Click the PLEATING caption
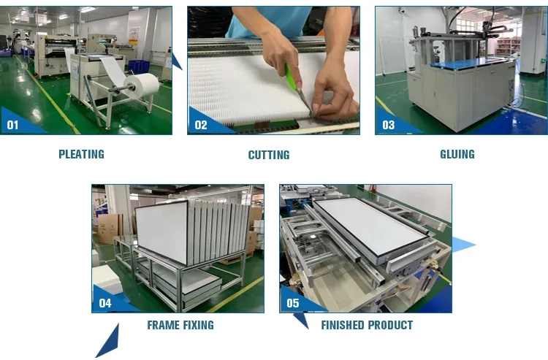coord(81,154)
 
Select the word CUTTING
coord(268,155)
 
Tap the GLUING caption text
coord(457,154)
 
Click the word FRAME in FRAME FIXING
coord(163,325)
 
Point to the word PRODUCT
coord(388,325)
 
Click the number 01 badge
coord(13,125)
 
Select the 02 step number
coord(201,125)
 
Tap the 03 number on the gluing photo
coord(388,125)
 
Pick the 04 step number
coord(105,302)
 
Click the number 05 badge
coord(293,302)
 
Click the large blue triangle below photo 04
coord(107,340)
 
